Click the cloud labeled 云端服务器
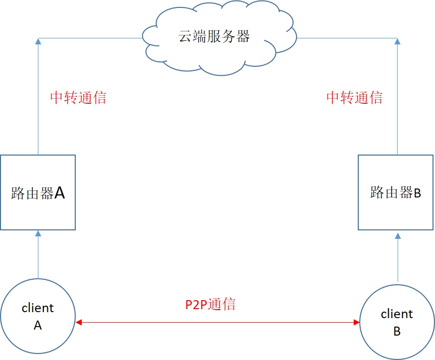click(x=214, y=37)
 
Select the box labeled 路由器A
click(x=38, y=192)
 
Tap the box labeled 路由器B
click(x=396, y=192)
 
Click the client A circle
click(x=38, y=316)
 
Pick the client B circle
click(x=397, y=322)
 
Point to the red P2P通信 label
click(x=210, y=304)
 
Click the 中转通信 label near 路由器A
click(x=78, y=97)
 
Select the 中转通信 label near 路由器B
click(x=354, y=97)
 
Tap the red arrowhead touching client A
click(x=79, y=323)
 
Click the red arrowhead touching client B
click(x=356, y=323)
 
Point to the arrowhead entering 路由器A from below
click(x=38, y=233)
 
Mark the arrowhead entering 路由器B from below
click(x=397, y=235)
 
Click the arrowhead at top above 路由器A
click(x=38, y=41)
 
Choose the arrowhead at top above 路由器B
click(x=397, y=41)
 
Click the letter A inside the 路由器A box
click(x=59, y=193)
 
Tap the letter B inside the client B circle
click(x=397, y=331)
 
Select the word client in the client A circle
click(x=38, y=308)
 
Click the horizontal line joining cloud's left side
click(x=90, y=38)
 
